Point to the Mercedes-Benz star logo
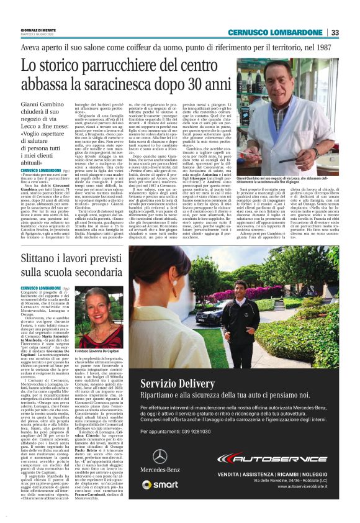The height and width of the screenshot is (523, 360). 160,457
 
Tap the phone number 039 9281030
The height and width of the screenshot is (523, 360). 202,430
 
